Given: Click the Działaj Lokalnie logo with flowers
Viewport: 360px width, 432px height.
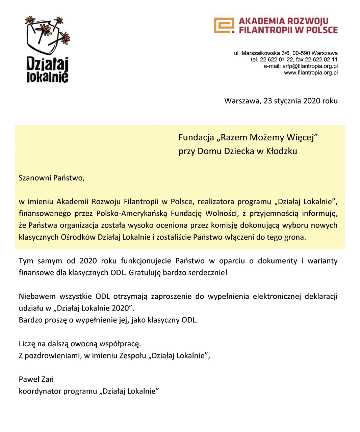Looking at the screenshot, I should pos(47,49).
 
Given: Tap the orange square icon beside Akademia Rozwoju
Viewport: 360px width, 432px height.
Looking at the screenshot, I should pos(224,25).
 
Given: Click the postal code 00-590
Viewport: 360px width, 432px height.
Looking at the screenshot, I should pos(301,53).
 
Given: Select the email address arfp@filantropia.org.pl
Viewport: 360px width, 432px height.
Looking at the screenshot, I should pos(310,66).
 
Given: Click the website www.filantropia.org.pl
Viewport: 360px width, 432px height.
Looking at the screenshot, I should pos(311,73).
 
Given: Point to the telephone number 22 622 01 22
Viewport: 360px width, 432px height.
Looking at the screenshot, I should pos(277,59).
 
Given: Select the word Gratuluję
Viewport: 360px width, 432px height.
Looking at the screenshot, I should pos(145,273).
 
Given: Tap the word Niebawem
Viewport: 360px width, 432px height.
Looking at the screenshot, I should pos(37,296).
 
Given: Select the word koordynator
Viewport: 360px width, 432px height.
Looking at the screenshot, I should pos(40,391).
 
